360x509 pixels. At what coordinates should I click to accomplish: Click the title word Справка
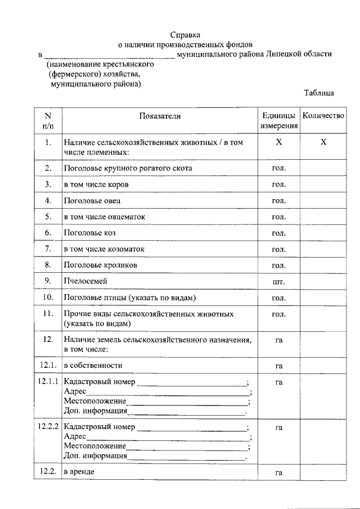186,35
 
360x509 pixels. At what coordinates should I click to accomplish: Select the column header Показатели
160,116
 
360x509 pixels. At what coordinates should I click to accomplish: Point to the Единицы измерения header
278,120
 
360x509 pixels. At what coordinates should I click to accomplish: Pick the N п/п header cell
48,120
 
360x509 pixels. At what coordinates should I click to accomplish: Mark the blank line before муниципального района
109,55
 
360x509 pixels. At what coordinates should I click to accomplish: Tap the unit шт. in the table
278,281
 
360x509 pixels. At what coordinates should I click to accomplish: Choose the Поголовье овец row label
92,200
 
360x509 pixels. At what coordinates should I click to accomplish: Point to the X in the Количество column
323,143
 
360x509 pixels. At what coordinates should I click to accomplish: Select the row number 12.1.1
48,381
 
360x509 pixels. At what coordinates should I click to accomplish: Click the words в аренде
79,471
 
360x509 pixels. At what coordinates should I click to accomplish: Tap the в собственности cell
92,366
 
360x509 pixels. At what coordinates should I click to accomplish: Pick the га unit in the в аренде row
278,472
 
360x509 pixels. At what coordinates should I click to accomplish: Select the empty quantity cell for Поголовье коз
323,233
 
